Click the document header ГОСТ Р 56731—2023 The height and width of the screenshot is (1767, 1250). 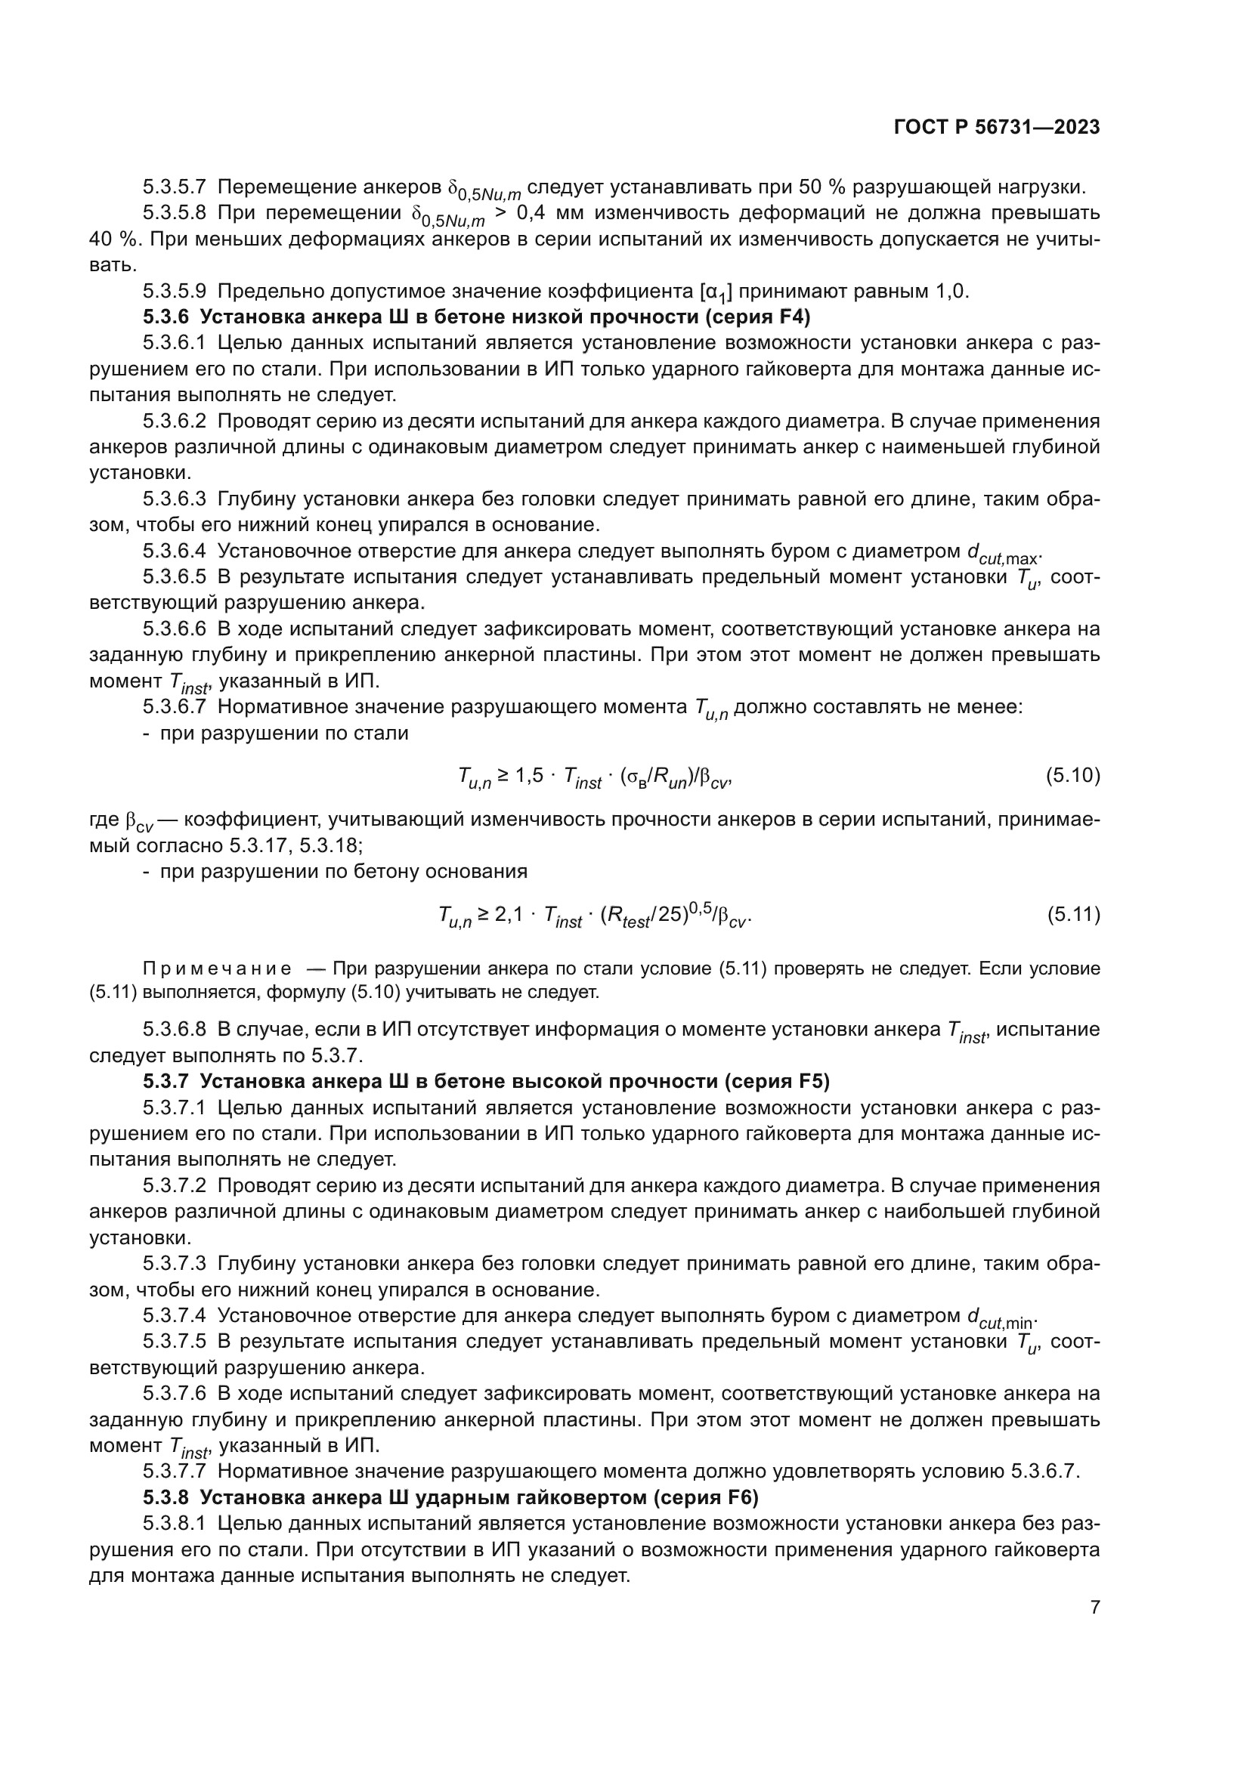(x=997, y=128)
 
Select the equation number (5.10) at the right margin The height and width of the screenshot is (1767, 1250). (x=1072, y=776)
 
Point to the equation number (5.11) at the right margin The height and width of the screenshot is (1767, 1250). (x=1073, y=914)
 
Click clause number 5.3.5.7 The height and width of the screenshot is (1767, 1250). (x=174, y=187)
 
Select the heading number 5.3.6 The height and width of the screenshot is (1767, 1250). (x=165, y=317)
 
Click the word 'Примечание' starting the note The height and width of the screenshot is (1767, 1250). (x=217, y=968)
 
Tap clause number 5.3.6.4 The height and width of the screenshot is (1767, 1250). (x=174, y=551)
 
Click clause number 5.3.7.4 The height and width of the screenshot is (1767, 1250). (x=174, y=1316)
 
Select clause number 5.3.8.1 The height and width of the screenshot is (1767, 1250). (x=174, y=1524)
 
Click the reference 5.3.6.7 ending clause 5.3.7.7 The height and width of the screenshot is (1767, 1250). (x=1043, y=1472)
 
